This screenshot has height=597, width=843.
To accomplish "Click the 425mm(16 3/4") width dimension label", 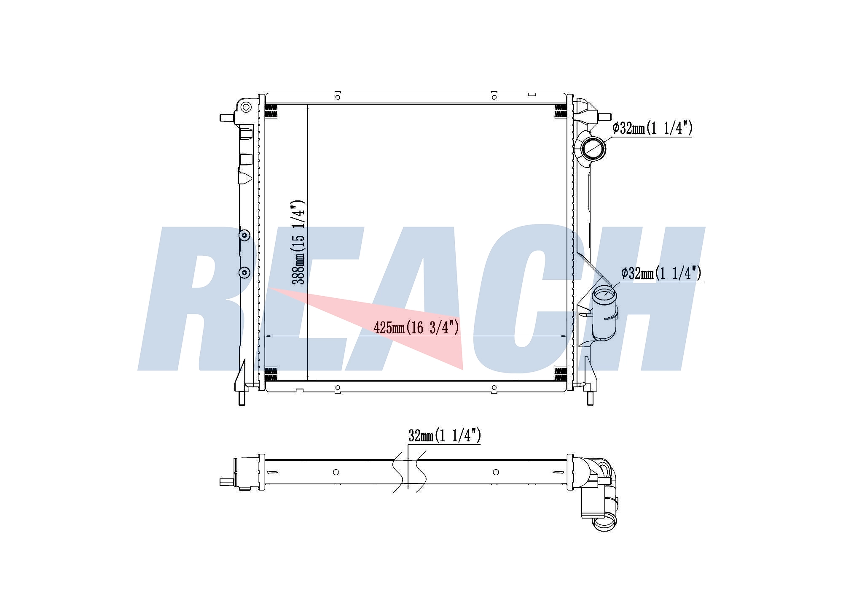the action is [416, 327].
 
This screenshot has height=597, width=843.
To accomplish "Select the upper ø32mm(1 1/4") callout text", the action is [652, 128].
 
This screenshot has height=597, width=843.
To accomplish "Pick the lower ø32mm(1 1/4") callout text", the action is [661, 273].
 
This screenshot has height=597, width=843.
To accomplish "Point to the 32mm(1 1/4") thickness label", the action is [444, 435].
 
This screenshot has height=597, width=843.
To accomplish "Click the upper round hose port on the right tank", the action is [593, 148].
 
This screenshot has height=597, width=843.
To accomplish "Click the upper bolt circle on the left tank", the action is [244, 235].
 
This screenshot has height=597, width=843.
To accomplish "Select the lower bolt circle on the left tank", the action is [244, 273].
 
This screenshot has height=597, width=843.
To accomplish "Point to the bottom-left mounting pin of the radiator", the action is [242, 398].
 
